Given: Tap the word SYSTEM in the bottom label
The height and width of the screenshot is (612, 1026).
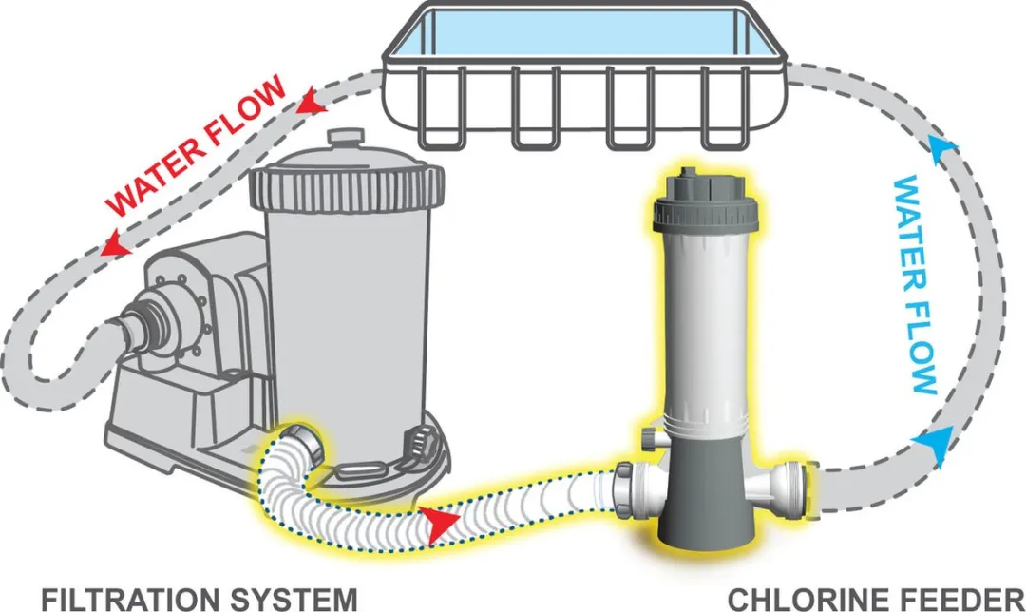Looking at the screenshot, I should pos(295,599).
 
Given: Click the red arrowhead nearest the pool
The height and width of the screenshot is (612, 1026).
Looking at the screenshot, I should pos(309,98).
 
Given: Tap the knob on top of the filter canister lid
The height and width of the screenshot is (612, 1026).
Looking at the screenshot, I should pos(341,139).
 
